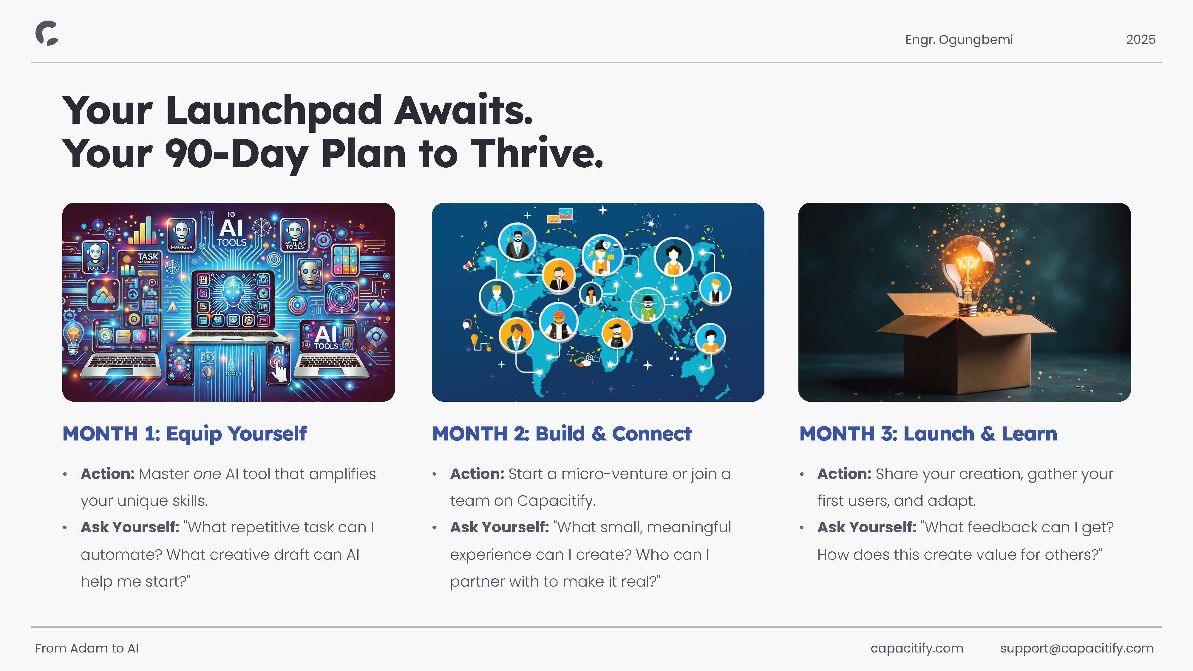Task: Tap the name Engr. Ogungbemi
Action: pyautogui.click(x=959, y=40)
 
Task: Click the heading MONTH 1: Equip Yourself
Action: pyautogui.click(x=184, y=434)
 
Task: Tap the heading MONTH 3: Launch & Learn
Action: pyautogui.click(x=928, y=434)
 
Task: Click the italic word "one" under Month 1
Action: pyautogui.click(x=207, y=474)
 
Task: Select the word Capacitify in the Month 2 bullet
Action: pyautogui.click(x=556, y=501)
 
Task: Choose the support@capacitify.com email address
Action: pyautogui.click(x=1077, y=649)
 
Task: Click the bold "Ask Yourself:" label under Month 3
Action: pyautogui.click(x=866, y=528)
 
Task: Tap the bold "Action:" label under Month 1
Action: pyautogui.click(x=107, y=474)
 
